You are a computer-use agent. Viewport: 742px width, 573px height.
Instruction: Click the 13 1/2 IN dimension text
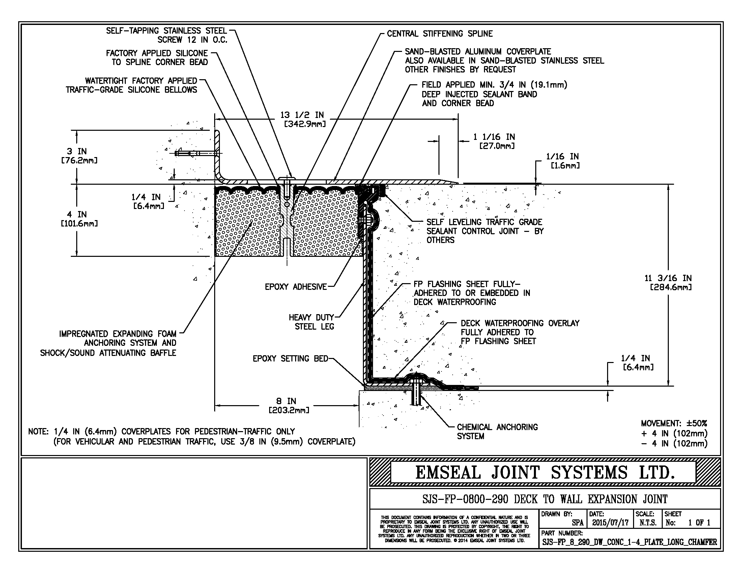click(x=302, y=115)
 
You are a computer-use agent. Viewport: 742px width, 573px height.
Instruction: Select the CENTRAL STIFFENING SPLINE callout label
click(x=439, y=34)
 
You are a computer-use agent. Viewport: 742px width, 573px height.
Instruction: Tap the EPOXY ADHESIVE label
click(x=295, y=287)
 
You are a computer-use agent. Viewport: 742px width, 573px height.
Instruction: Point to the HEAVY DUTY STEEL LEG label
click(x=312, y=322)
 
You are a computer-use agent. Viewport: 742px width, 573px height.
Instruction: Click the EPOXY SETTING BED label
click(x=290, y=359)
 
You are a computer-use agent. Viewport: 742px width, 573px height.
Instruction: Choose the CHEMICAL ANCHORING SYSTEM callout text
click(x=497, y=431)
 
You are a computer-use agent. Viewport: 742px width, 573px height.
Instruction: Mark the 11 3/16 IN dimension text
click(x=667, y=282)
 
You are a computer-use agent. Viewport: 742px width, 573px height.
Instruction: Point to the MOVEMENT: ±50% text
click(x=674, y=424)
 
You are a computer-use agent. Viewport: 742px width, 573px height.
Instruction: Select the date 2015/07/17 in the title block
click(x=610, y=523)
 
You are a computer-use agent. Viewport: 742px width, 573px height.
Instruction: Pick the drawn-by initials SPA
click(x=577, y=523)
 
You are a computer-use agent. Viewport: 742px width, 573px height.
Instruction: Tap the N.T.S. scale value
click(x=648, y=523)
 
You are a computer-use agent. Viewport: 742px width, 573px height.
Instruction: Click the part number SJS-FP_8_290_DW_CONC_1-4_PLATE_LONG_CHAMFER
click(x=630, y=542)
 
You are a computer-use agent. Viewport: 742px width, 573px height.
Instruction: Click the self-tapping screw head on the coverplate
click(x=287, y=178)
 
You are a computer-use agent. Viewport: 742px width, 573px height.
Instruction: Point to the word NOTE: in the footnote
click(x=39, y=431)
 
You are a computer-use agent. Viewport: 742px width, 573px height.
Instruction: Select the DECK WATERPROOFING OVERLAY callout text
click(x=520, y=332)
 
